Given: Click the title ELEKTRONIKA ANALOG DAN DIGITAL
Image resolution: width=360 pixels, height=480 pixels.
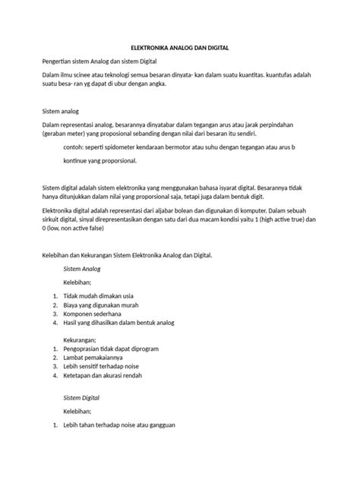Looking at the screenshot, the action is (180, 47).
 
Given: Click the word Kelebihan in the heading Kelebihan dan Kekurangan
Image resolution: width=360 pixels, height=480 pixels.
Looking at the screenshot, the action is (56, 256).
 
